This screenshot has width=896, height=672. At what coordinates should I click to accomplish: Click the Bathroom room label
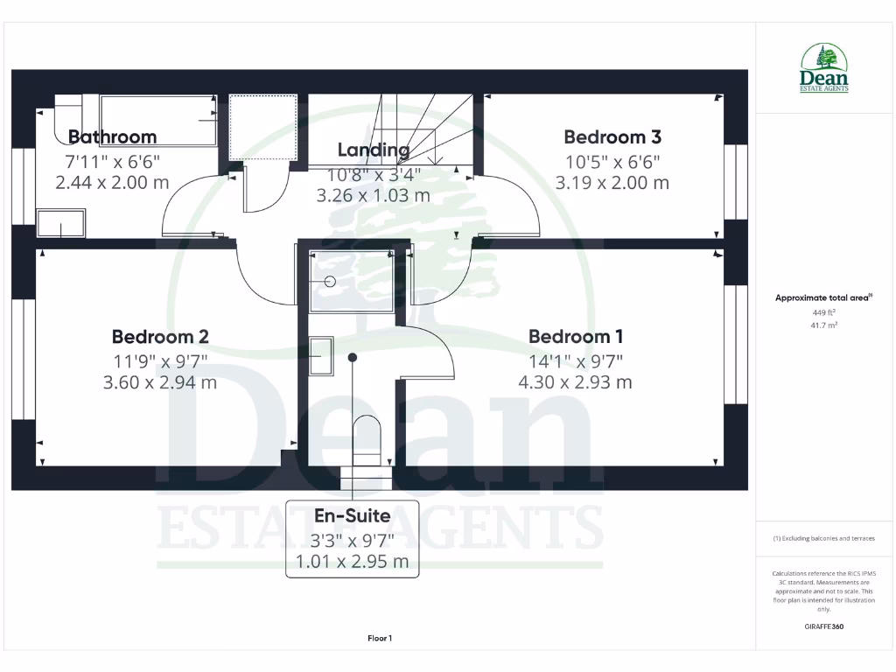tap(112, 136)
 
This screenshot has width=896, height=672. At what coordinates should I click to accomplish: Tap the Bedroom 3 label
tap(612, 136)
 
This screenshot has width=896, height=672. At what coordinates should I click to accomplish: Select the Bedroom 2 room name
tap(160, 336)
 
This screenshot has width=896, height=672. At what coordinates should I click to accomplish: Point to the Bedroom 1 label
tap(576, 336)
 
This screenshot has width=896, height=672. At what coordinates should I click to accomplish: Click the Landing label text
tap(374, 150)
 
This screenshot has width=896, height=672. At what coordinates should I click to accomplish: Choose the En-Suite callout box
tap(353, 539)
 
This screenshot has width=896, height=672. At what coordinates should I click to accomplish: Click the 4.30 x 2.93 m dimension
tap(576, 382)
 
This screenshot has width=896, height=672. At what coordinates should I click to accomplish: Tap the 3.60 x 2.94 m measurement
tap(160, 382)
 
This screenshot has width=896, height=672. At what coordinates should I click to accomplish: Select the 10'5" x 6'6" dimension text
tap(612, 161)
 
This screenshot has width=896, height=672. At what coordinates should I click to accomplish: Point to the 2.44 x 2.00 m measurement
tap(112, 183)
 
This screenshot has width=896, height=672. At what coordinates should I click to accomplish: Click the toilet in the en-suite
tap(367, 437)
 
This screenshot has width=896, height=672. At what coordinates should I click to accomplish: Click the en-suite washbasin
tap(321, 356)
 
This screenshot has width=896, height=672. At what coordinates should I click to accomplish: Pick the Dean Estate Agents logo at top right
tap(824, 68)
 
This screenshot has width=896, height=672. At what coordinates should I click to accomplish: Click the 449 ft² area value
tap(824, 312)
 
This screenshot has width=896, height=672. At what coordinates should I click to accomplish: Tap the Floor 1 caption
tap(380, 639)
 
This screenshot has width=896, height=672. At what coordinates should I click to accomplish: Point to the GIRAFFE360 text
tap(824, 626)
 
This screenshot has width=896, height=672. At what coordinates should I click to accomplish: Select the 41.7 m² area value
tap(824, 325)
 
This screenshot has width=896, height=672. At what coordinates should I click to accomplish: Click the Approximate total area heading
tap(824, 297)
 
